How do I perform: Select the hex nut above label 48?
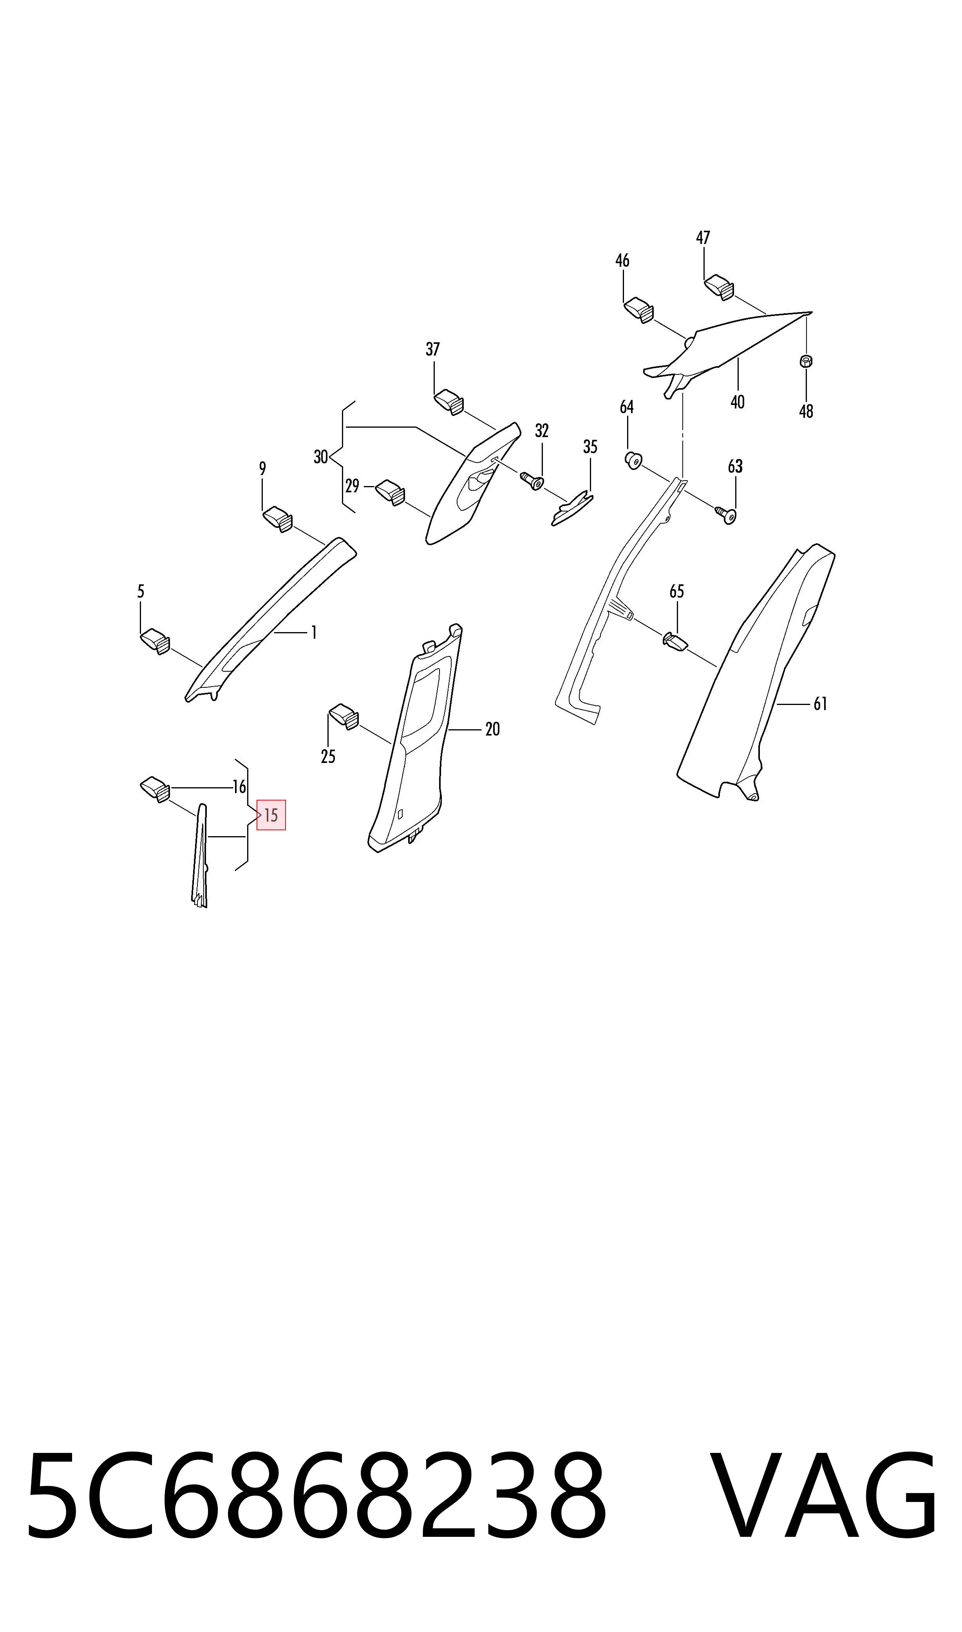pos(806,361)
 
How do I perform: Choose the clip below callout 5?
pos(156,641)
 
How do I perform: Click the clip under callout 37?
pos(448,401)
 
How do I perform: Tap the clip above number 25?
pos(344,717)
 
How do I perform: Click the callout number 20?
pos(493,730)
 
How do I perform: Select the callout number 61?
pos(821,704)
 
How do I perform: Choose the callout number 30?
pos(321,457)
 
